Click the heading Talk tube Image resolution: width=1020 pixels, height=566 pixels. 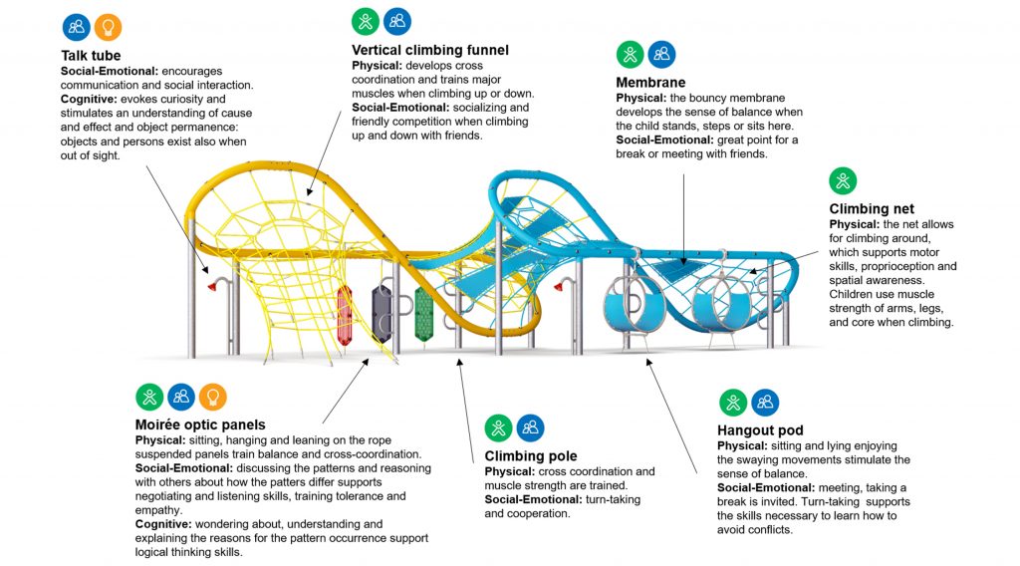click(x=91, y=55)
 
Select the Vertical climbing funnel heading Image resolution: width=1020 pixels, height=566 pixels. click(x=430, y=50)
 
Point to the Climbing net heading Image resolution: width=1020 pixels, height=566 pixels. click(x=873, y=209)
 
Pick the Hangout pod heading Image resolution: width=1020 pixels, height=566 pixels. click(x=760, y=430)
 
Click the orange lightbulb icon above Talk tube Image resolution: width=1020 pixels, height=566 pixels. click(x=108, y=27)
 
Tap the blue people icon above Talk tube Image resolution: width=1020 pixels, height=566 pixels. click(x=76, y=27)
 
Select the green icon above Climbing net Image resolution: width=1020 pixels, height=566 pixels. click(x=843, y=181)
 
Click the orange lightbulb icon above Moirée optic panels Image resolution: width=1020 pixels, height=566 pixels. click(x=212, y=397)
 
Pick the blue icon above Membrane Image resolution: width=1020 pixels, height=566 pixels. click(x=661, y=54)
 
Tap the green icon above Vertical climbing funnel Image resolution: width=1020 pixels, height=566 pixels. click(x=366, y=21)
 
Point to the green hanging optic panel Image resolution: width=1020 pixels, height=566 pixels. click(x=424, y=316)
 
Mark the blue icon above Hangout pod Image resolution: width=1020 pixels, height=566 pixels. click(x=765, y=402)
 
